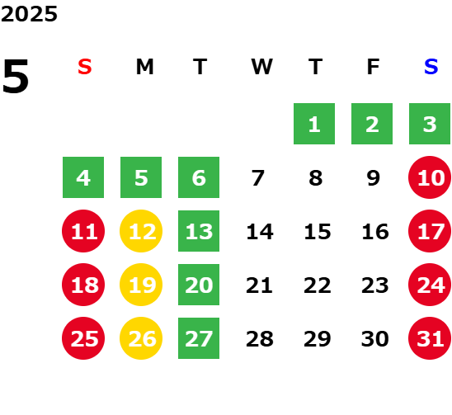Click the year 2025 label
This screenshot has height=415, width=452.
(x=29, y=14)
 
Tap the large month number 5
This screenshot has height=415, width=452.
(x=16, y=76)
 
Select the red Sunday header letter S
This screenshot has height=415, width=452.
(x=85, y=67)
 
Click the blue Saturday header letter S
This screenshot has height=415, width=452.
(x=431, y=67)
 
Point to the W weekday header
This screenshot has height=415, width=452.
(x=261, y=67)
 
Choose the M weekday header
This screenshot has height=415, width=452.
(x=144, y=67)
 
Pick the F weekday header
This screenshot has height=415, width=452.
(x=374, y=67)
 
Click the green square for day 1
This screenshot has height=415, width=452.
(x=314, y=124)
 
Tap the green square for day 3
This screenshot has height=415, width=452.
(x=430, y=124)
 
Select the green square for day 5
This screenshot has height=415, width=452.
(x=141, y=177)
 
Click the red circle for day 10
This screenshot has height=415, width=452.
(x=430, y=177)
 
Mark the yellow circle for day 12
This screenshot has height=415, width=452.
(x=141, y=231)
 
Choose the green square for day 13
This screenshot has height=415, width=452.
(x=199, y=231)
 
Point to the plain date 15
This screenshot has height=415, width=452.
(x=318, y=231)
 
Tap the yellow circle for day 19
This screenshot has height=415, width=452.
(x=141, y=285)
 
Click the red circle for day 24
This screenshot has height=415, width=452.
(x=430, y=285)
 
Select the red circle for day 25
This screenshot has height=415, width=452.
(x=83, y=338)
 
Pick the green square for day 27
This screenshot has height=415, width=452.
(x=199, y=338)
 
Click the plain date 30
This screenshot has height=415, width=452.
(x=374, y=338)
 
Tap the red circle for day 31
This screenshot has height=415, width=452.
(x=430, y=338)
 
